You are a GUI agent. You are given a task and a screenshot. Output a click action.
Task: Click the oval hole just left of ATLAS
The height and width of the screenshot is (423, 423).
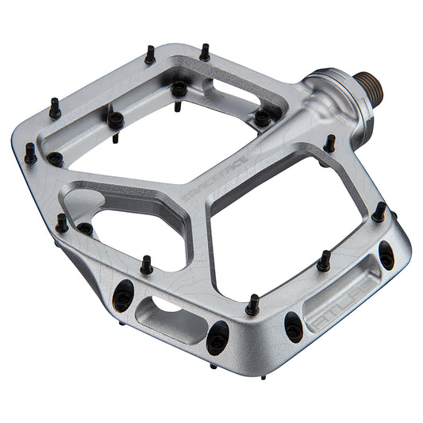tap(294, 325)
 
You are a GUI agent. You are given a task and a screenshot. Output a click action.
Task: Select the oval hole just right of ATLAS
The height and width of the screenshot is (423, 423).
tap(386, 256)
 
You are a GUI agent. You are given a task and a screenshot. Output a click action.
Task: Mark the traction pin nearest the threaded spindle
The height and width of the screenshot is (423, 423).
tap(329, 144)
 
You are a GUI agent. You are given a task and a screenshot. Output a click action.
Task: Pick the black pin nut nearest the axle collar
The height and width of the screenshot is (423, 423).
tap(262, 119)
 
